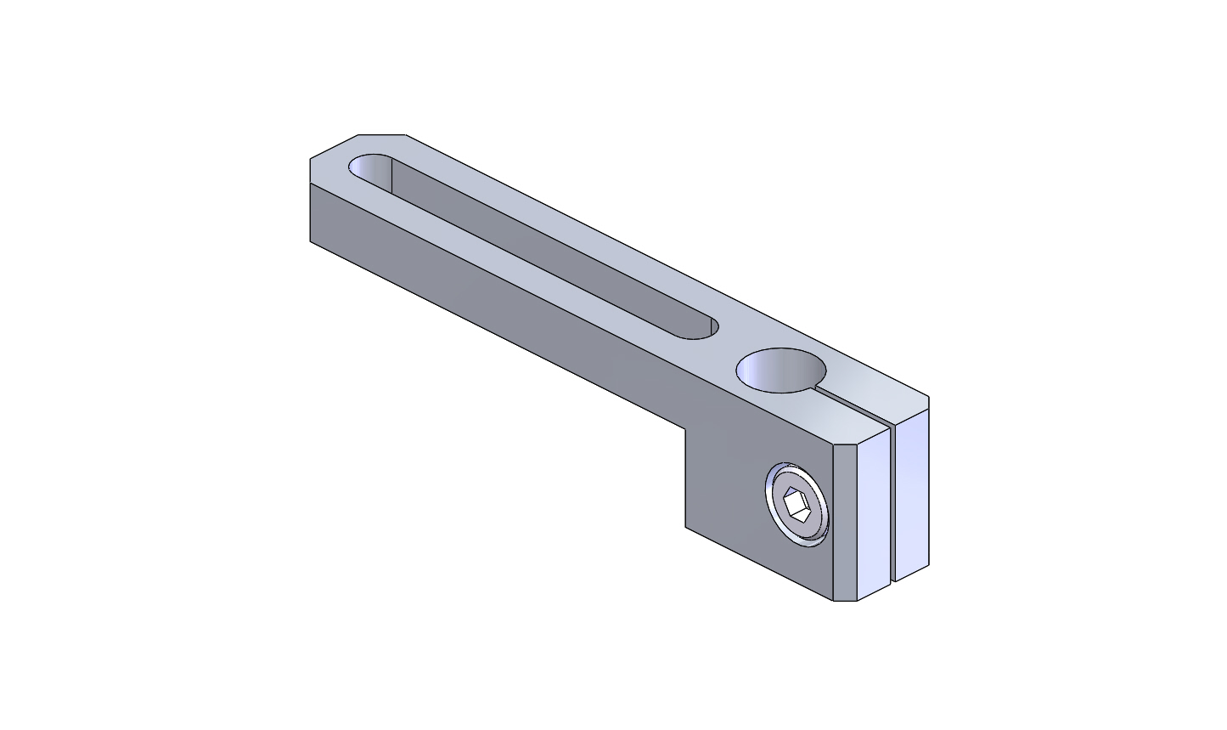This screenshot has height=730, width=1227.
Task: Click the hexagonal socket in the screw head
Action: pos(796,505)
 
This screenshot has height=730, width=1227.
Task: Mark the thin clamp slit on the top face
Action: pos(858,405)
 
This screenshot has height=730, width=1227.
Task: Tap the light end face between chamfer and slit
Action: pos(874,510)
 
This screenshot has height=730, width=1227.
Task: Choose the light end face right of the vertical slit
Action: pos(912,493)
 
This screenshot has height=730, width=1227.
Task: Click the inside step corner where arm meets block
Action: pos(685,428)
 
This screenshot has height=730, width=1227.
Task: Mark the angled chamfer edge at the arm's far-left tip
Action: pos(334,146)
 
